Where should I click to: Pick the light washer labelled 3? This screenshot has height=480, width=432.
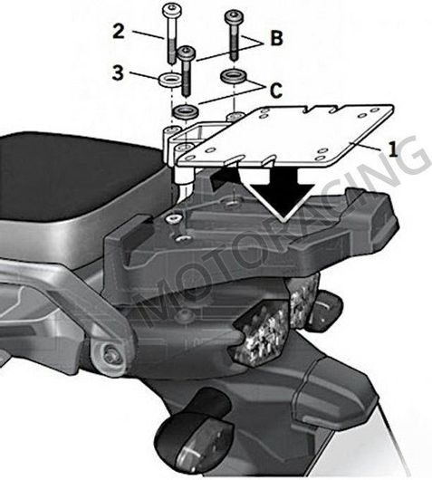coord(169,81)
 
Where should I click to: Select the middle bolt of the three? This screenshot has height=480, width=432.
coord(187,69)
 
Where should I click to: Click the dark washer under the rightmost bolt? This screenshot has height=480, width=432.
coord(233,74)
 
